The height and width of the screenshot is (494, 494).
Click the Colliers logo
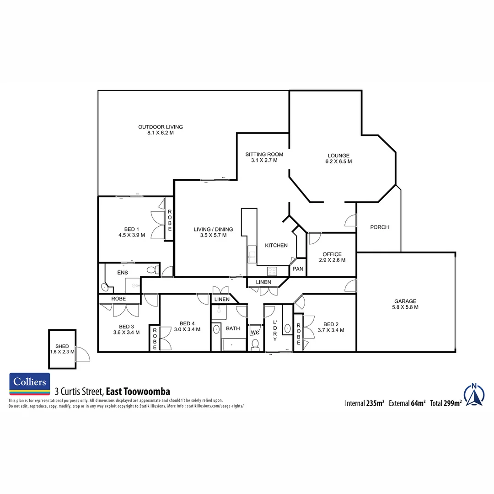point(30,384)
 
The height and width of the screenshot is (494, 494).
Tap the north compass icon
point(474,395)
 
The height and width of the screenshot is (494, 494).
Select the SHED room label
point(62,346)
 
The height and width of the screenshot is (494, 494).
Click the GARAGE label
point(405,301)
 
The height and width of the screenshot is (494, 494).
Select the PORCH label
point(379,227)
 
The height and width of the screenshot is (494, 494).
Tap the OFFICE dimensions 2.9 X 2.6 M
point(332,260)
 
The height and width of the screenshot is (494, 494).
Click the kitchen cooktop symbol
point(273,271)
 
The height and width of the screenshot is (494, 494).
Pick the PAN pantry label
point(298,269)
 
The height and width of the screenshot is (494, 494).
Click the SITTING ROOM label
point(264,155)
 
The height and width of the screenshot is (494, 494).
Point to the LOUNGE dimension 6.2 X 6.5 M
point(338,161)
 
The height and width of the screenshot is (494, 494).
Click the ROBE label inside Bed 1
point(169,219)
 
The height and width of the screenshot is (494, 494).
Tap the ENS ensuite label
point(123,273)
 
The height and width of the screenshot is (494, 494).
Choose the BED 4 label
point(187,323)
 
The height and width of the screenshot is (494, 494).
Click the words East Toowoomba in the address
point(138,392)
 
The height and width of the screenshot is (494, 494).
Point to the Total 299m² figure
point(446,403)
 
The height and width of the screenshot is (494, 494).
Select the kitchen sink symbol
point(251,254)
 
